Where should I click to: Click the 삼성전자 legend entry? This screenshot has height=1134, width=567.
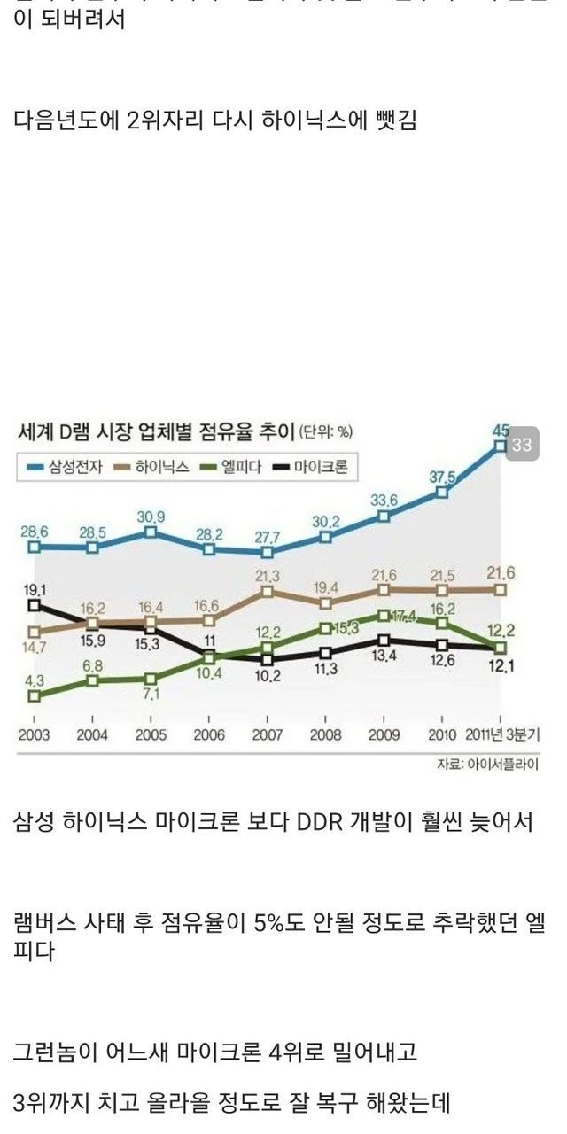coord(65,466)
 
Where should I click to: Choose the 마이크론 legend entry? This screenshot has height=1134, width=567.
coord(314,466)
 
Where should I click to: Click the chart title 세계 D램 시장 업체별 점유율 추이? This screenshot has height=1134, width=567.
coord(155,432)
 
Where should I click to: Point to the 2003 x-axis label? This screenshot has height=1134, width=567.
coord(34,734)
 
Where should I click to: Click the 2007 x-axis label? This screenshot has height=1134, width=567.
coord(267,734)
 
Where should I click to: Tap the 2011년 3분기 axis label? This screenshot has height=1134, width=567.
coord(501,734)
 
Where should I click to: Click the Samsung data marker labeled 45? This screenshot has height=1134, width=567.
coord(501,447)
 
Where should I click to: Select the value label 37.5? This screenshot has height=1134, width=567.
coord(442,478)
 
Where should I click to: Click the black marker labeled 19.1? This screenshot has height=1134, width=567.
coord(35,605)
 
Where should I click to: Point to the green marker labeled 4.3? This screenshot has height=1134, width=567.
coord(35,696)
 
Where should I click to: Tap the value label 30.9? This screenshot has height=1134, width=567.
coord(151,516)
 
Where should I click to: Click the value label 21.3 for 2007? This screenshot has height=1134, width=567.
coord(267,577)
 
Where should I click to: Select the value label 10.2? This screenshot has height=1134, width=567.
coord(267,675)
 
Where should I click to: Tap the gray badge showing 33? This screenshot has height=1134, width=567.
coord(522,444)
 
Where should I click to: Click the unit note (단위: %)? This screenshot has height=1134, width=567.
coord(326,433)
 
